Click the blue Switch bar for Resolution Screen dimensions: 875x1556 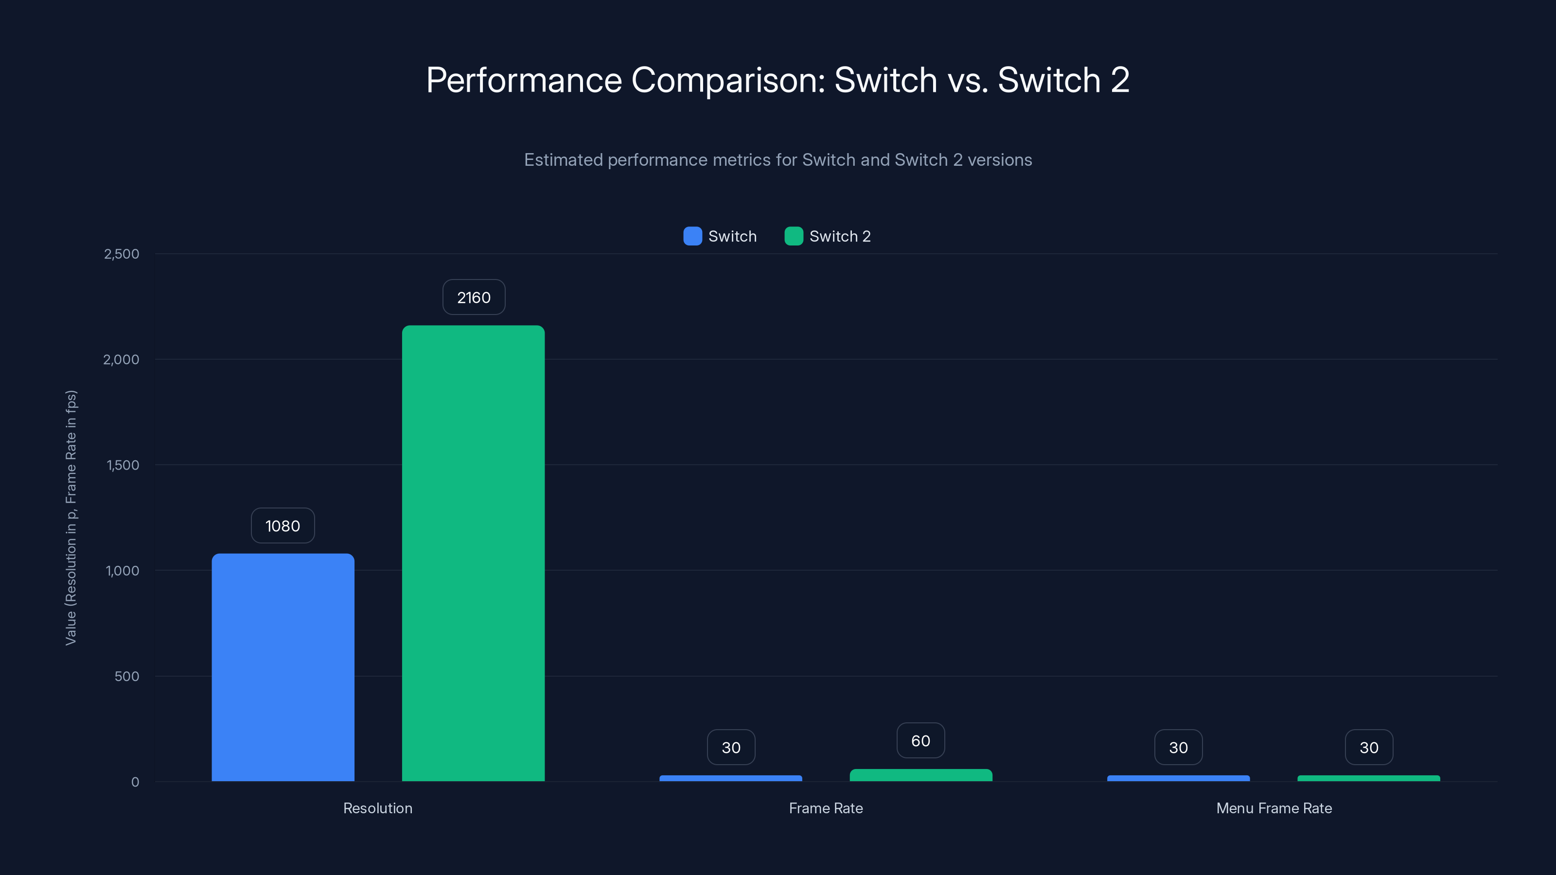point(283,667)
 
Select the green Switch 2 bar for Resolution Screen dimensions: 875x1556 point(473,553)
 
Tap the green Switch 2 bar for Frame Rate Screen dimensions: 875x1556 point(920,775)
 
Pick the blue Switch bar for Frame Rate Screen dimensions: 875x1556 point(730,778)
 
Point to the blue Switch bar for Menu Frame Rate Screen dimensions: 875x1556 point(1178,778)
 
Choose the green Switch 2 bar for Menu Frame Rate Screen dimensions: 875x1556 point(1368,778)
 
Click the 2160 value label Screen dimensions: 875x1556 point(474,297)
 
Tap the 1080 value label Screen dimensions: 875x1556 point(283,526)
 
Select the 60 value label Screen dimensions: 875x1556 point(920,740)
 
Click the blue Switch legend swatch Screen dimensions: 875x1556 point(692,236)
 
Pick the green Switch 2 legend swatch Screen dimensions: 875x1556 point(793,236)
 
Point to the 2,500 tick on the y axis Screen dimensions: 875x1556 point(122,254)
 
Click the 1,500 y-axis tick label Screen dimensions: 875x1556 point(123,465)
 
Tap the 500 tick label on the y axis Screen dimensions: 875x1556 point(127,676)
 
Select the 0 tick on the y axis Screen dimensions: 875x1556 point(135,782)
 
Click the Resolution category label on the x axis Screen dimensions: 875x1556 point(377,808)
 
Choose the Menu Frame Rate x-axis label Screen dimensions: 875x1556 point(1274,808)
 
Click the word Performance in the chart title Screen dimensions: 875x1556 point(524,80)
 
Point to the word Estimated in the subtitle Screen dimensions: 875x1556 point(563,160)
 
